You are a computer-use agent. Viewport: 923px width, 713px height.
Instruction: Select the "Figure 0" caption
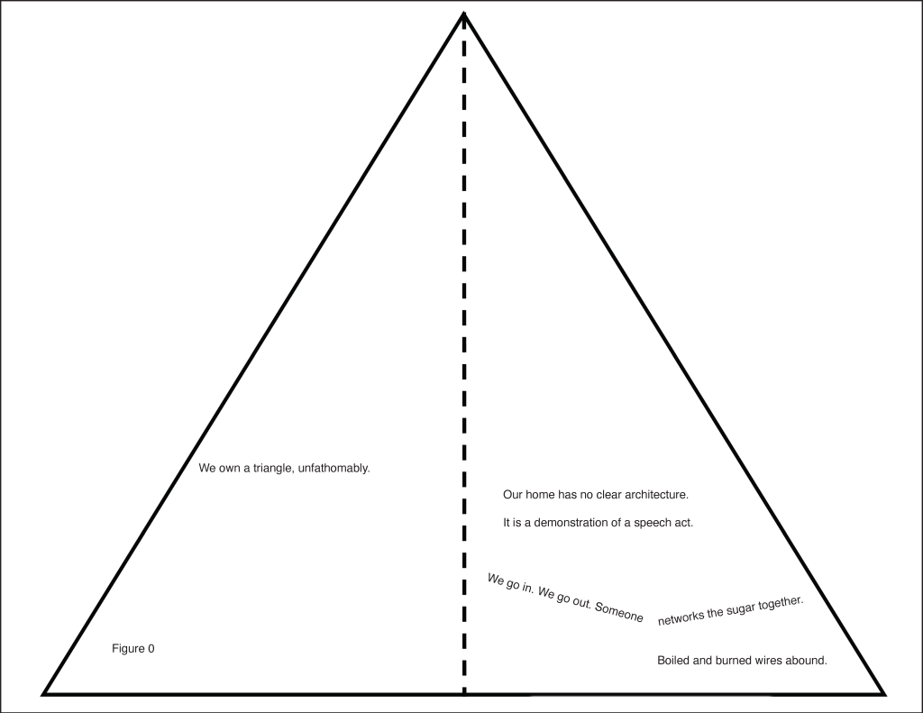point(133,648)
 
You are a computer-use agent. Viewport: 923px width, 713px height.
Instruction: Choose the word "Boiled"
point(673,661)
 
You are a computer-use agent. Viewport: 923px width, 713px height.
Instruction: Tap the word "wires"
point(772,661)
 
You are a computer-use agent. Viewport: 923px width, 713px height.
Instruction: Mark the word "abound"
point(809,661)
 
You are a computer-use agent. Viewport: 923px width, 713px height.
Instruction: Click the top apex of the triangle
point(463,14)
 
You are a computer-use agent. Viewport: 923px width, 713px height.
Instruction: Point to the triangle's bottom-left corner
point(45,693)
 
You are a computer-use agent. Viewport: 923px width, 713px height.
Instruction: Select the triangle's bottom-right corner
point(884,693)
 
